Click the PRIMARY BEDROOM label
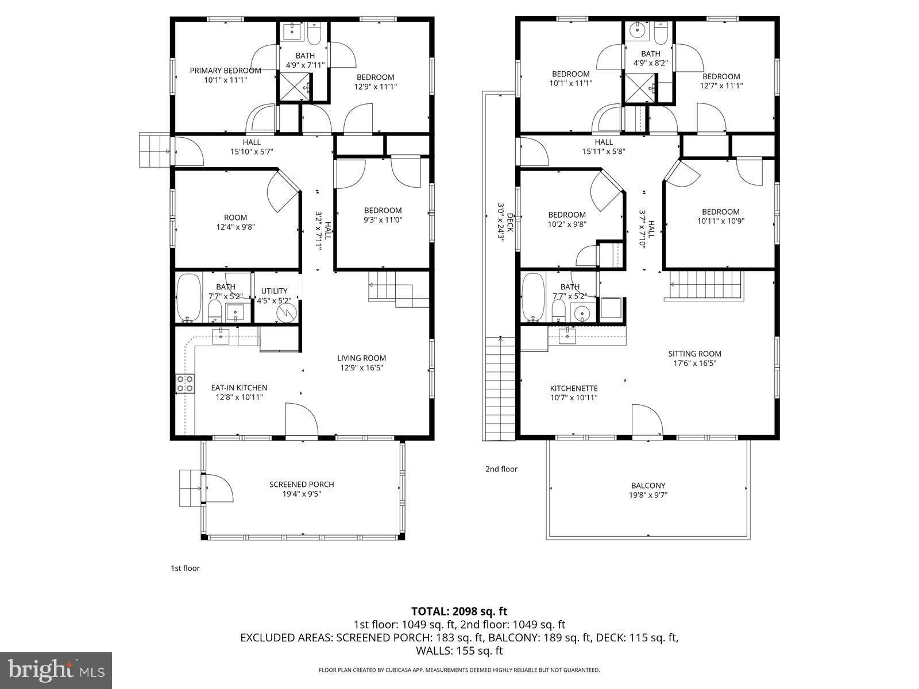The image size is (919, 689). (x=225, y=71)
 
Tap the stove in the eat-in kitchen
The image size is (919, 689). (x=185, y=384)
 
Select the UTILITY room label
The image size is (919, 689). (x=274, y=291)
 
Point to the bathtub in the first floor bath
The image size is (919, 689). (x=188, y=298)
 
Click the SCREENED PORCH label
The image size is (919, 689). (x=302, y=485)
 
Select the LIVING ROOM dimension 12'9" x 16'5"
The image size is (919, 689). (x=361, y=367)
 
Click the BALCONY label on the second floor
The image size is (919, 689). (x=648, y=486)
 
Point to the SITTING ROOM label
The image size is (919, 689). (x=694, y=354)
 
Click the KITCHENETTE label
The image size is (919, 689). (x=574, y=388)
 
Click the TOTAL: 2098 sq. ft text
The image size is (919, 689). (x=459, y=611)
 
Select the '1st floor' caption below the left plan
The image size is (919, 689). (x=185, y=568)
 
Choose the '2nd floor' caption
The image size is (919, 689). (x=501, y=469)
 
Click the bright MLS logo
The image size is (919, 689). (x=56, y=670)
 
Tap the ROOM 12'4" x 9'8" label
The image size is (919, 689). (x=235, y=222)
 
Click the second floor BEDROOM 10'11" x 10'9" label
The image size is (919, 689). (x=720, y=216)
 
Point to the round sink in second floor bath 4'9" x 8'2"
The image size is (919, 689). (x=636, y=30)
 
